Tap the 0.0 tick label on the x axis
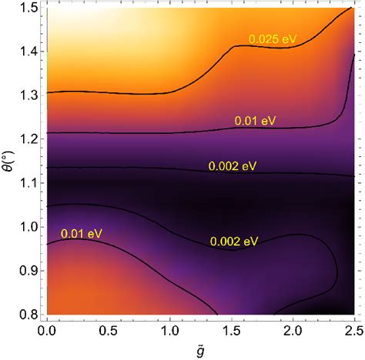[x=47, y=328]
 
